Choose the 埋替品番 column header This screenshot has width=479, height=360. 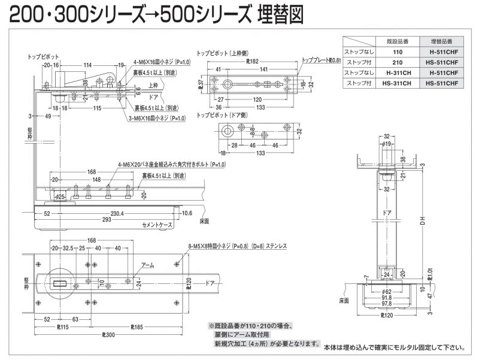[444, 41]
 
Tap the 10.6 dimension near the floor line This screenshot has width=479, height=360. [187, 213]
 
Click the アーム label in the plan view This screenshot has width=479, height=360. [147, 264]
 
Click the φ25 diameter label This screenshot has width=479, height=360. [59, 196]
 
